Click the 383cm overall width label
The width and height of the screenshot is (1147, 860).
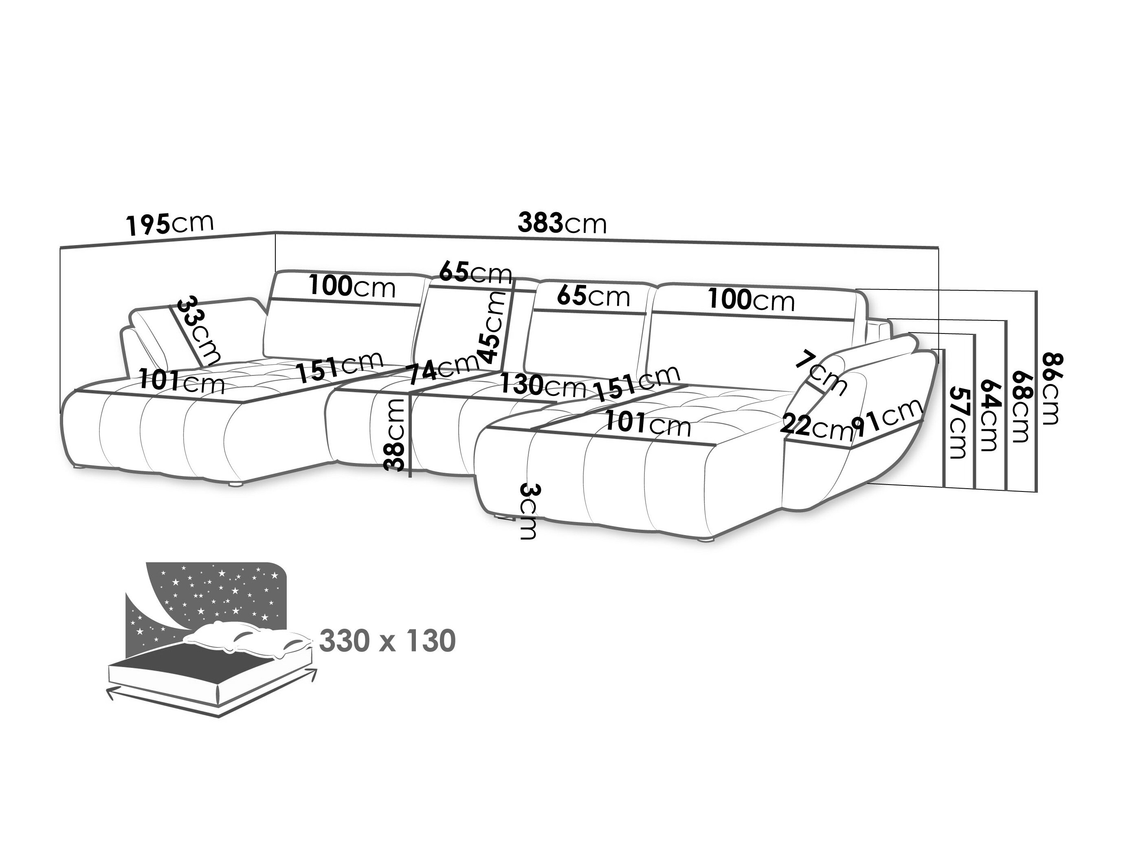pos(562,224)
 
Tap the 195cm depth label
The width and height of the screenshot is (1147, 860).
pos(169,224)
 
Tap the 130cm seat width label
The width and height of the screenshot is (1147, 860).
pos(543,385)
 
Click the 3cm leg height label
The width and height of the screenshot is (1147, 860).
pos(530,512)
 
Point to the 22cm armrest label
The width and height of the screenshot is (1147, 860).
pos(816,427)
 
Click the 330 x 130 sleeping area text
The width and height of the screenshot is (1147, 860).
pos(387,641)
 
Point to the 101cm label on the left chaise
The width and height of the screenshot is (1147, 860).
pos(182,381)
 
